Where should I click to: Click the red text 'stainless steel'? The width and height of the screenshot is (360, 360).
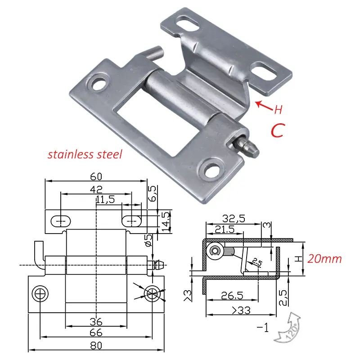[x=85, y=155]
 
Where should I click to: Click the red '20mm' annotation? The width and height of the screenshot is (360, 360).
[x=325, y=259]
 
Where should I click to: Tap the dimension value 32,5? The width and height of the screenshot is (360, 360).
[x=234, y=219]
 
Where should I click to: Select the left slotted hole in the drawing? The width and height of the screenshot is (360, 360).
[x=60, y=221]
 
